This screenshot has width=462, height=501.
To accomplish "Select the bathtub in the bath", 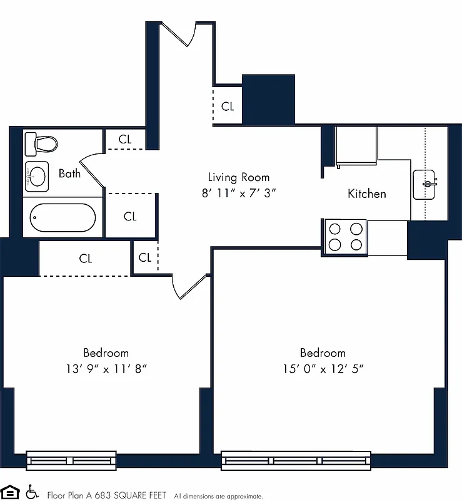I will (63, 217).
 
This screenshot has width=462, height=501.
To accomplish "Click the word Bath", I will (69, 173).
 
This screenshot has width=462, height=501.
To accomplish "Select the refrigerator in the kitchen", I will (356, 147).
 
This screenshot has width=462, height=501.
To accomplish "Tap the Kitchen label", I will (366, 194).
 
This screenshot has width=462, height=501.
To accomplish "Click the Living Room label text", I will (239, 177).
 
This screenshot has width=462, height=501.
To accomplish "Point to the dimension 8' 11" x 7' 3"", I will (239, 194).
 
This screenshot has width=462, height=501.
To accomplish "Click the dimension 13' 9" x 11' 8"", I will (106, 369).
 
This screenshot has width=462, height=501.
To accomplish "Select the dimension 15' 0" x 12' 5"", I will (323, 369).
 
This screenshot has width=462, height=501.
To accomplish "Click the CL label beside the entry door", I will (228, 106).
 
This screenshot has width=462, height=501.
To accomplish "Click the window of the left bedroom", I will (71, 461).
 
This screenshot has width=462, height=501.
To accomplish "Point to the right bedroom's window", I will (296, 461).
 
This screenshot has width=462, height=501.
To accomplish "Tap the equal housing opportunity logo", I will (11, 492).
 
